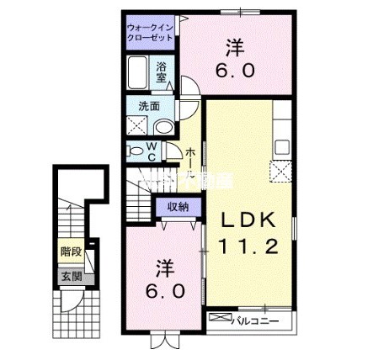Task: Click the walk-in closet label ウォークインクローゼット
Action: (152, 34)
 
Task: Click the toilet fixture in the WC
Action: (136, 152)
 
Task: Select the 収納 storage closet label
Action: (177, 207)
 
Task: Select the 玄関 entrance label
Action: (68, 275)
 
